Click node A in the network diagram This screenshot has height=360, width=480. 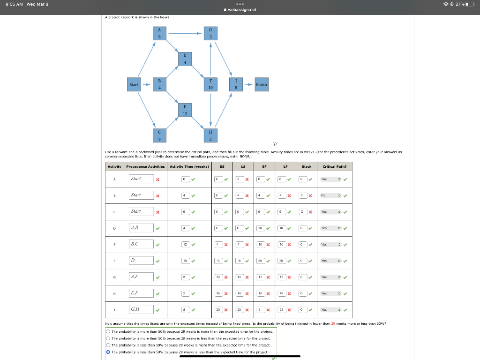pyautogui.click(x=160, y=34)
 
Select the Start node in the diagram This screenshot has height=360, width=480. pyautogui.click(x=134, y=85)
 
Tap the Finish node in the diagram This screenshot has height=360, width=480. pyautogui.click(x=262, y=85)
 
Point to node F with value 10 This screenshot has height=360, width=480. pyautogui.click(x=210, y=84)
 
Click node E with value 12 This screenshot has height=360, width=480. pyautogui.click(x=185, y=111)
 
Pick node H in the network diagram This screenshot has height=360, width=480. pyautogui.click(x=210, y=136)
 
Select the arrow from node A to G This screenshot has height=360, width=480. pyautogui.click(x=185, y=34)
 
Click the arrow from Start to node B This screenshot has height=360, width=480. pyautogui.click(x=146, y=85)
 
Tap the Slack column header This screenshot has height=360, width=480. pyautogui.click(x=307, y=166)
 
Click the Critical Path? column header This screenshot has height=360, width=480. pyautogui.click(x=335, y=166)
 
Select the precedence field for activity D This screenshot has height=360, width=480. pyautogui.click(x=142, y=228)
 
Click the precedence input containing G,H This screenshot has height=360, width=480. pyautogui.click(x=142, y=309)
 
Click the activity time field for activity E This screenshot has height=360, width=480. pyautogui.click(x=185, y=244)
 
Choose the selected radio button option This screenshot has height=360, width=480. pyautogui.click(x=108, y=352)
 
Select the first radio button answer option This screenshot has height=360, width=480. pyautogui.click(x=108, y=331)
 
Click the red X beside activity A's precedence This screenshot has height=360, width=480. pyautogui.click(x=158, y=179)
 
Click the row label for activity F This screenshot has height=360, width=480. pyautogui.click(x=114, y=260)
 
